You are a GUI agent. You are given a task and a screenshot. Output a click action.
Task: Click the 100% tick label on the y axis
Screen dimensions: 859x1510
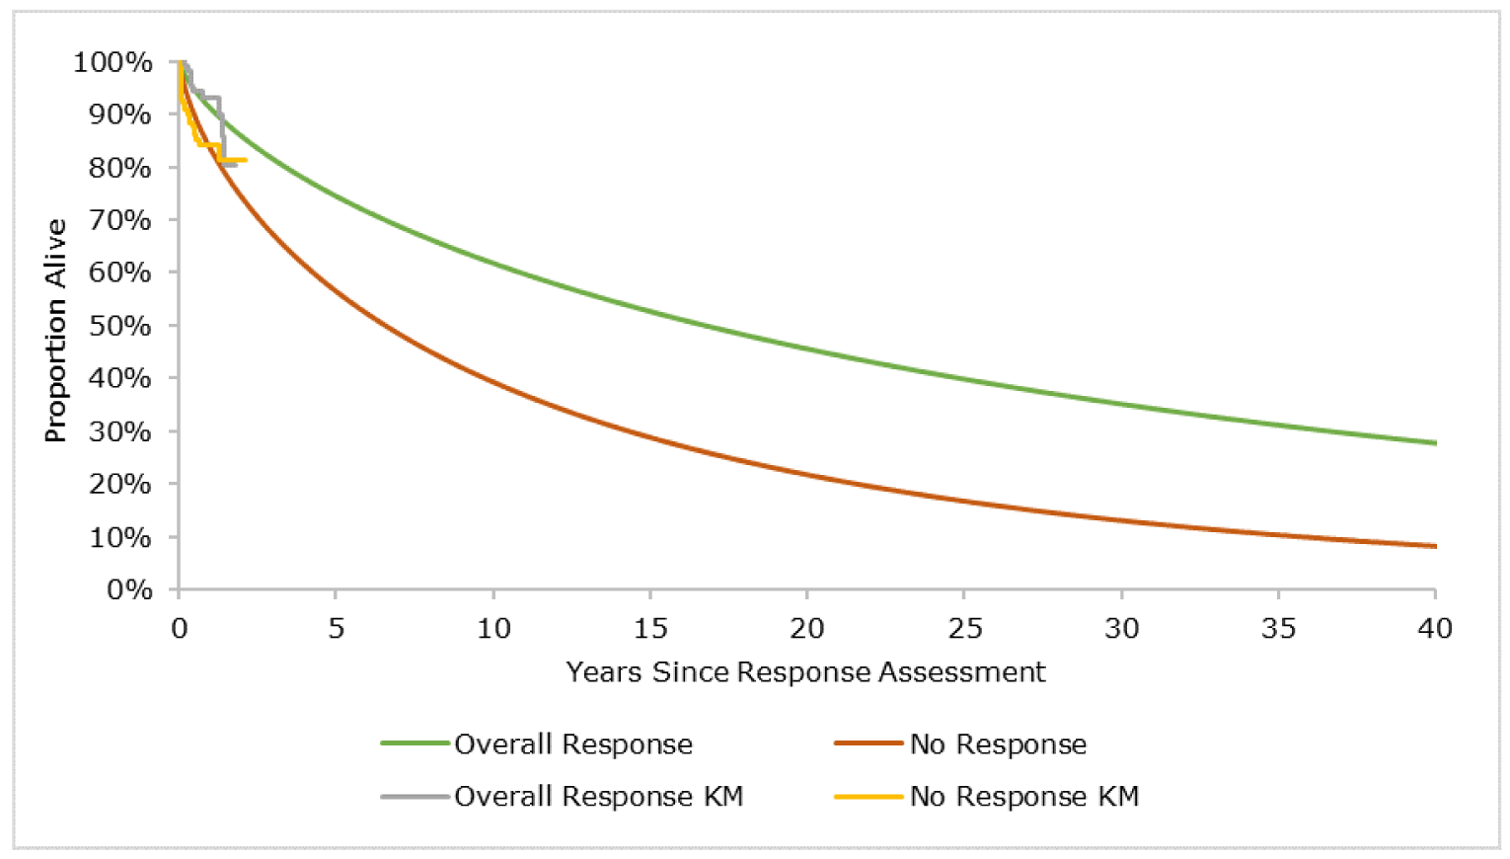pos(113,62)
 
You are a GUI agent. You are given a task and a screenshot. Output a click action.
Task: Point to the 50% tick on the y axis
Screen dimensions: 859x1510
pos(119,326)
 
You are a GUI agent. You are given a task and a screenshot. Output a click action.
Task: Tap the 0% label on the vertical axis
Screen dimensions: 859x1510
pos(128,589)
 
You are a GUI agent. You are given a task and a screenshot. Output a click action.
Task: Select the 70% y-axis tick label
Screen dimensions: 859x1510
pos(119,220)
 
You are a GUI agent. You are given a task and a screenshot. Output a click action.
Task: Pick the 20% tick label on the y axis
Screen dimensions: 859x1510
pos(119,484)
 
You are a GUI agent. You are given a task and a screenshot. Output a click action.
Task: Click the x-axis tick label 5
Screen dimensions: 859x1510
pos(336,628)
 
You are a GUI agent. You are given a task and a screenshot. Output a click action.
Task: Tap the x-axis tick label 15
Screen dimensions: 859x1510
pos(650,628)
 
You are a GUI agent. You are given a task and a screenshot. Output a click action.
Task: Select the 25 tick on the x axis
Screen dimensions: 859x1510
pos(964,628)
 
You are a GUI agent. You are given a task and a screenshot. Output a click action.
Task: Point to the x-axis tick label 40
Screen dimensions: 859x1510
pos(1435,628)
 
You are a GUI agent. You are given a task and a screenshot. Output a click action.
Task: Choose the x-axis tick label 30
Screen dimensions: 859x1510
pos(1121,628)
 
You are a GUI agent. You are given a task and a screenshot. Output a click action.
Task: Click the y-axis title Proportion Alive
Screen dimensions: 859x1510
pos(55,330)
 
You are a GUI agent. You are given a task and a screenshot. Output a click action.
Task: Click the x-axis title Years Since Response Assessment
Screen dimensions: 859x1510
pos(805,672)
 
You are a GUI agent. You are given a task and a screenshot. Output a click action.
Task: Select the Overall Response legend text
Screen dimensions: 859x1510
pos(573,744)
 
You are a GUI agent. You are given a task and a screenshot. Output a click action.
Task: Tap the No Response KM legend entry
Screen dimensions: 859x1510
pos(1024,797)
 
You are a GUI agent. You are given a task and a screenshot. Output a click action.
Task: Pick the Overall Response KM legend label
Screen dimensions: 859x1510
pos(598,797)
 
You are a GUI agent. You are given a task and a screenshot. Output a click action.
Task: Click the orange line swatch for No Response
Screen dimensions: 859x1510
pos(868,743)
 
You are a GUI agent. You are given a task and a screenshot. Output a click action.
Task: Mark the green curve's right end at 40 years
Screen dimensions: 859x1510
pos(1434,442)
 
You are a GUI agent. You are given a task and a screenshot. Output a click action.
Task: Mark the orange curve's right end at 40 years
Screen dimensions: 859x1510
pos(1434,546)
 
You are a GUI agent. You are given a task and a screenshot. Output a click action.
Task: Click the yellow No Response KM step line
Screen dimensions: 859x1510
pos(233,159)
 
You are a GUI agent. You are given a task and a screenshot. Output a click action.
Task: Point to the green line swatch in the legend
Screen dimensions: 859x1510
pos(415,743)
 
